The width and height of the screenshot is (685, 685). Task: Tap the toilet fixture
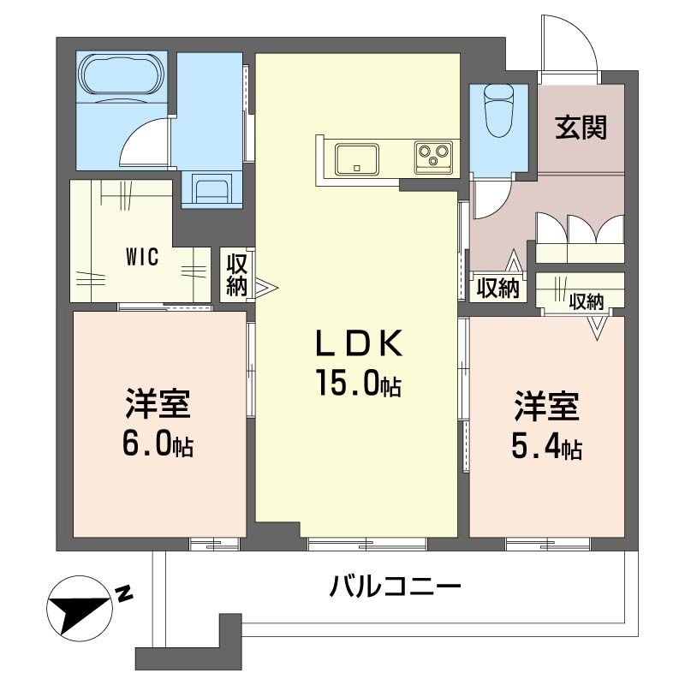coord(497,111)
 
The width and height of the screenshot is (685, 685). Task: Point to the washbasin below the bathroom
coord(210,188)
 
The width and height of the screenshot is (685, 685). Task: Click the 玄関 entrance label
coord(581,128)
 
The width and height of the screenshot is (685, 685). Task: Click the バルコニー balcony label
coord(396,587)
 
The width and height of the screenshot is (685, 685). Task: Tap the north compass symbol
coord(80,605)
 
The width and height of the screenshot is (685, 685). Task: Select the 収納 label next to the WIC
coord(236,275)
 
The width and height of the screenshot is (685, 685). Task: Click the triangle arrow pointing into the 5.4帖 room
coord(597,326)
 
